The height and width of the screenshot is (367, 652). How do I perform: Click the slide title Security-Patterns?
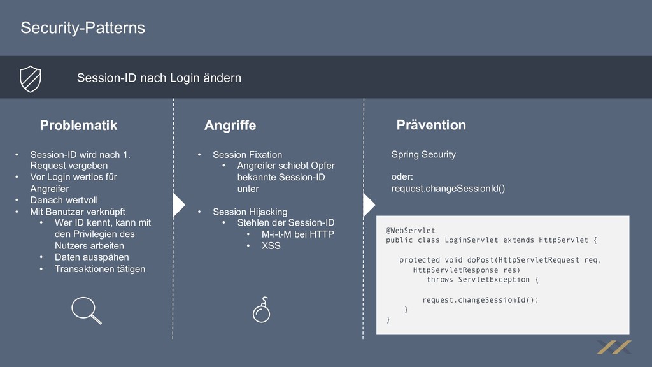click(x=83, y=28)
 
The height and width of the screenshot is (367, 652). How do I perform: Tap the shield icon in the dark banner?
click(x=30, y=78)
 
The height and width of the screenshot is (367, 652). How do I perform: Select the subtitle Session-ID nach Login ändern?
click(x=159, y=78)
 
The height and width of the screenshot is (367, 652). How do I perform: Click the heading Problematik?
click(x=78, y=125)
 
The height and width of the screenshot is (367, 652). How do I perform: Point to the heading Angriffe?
click(x=230, y=126)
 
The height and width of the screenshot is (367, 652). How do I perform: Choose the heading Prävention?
click(x=431, y=125)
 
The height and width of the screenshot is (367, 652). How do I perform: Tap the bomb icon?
click(x=262, y=311)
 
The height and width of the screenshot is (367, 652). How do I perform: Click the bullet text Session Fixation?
click(x=247, y=155)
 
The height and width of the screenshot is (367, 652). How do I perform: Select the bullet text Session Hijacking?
click(x=250, y=212)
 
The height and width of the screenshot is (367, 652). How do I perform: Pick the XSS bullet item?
click(x=271, y=245)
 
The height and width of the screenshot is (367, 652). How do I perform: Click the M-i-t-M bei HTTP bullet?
click(x=297, y=234)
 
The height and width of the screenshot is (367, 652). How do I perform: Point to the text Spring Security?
click(x=423, y=154)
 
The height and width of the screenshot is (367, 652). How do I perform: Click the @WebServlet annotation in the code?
click(x=411, y=230)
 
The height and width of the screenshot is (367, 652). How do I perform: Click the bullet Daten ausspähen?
click(x=92, y=257)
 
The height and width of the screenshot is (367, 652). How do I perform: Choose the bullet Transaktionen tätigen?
click(x=100, y=268)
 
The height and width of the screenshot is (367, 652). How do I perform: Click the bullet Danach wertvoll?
click(x=64, y=200)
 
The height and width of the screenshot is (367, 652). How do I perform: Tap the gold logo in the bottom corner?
click(x=614, y=347)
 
